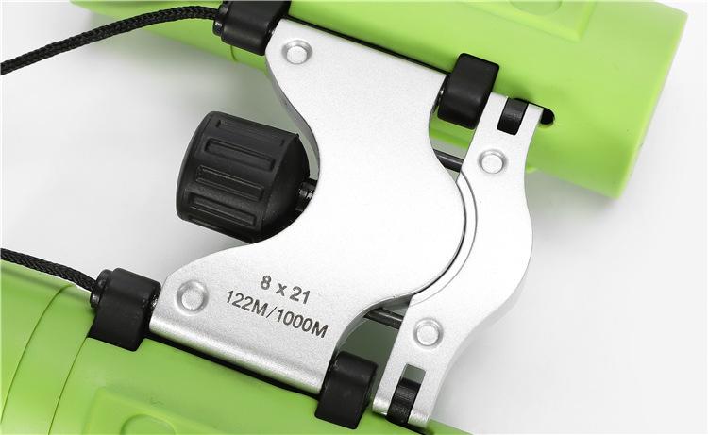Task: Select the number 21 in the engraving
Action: [x=299, y=295]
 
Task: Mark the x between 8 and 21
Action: [x=280, y=289]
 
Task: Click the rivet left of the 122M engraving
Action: [x=193, y=295]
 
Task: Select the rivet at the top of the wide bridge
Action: [x=298, y=52]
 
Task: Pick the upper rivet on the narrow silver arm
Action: [x=492, y=162]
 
